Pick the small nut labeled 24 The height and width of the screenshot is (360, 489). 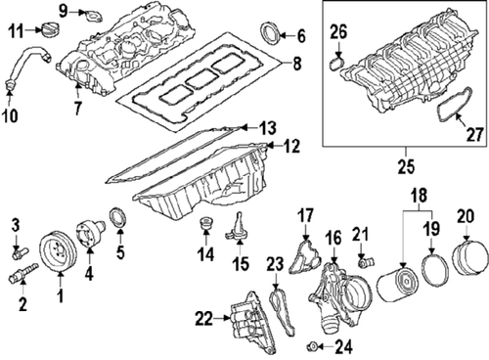(310, 346)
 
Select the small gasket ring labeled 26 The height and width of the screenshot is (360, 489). (335, 65)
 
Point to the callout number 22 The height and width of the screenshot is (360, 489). (201, 317)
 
